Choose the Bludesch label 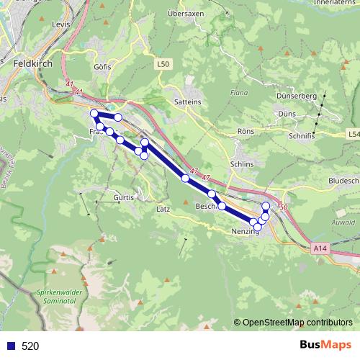[x=342, y=180]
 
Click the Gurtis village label [x=124, y=197]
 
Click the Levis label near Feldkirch [x=62, y=24]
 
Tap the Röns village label [x=246, y=132]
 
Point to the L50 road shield [x=163, y=65]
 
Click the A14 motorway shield [x=321, y=248]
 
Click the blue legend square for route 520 [x=10, y=346]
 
